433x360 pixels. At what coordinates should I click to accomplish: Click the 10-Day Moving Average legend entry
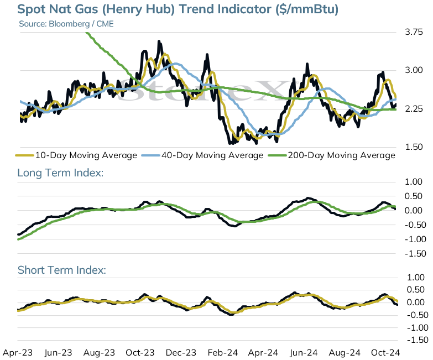click(76, 155)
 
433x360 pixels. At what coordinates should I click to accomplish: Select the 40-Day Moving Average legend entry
click(202, 155)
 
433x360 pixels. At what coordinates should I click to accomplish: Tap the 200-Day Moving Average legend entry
click(332, 155)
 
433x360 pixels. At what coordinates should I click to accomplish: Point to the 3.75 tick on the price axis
click(414, 32)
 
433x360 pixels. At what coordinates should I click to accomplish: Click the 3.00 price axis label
click(414, 70)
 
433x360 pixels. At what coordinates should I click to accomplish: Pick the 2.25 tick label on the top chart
click(414, 109)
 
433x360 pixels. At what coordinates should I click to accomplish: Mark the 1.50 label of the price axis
click(414, 147)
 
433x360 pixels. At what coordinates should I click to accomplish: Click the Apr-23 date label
click(18, 353)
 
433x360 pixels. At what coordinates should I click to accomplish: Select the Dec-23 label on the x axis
click(181, 353)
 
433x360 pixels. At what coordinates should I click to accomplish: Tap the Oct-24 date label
click(385, 353)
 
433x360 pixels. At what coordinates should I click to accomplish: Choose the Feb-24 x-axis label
click(222, 353)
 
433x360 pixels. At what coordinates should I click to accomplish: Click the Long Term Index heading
click(60, 173)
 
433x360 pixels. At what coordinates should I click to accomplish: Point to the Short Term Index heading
click(61, 270)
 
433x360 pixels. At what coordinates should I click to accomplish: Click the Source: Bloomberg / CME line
click(66, 24)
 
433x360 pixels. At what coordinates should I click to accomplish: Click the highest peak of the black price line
click(159, 41)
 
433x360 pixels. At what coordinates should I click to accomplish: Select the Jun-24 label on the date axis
click(304, 353)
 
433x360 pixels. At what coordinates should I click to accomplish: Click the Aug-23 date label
click(99, 353)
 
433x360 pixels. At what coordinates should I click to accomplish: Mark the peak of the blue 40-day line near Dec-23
click(175, 64)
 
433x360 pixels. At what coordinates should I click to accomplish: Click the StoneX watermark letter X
click(273, 91)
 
